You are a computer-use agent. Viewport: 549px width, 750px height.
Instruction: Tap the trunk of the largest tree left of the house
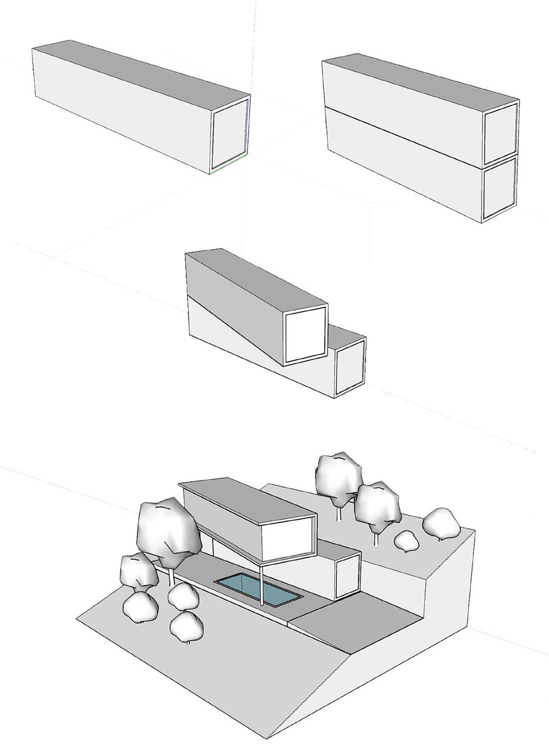[172, 578]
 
